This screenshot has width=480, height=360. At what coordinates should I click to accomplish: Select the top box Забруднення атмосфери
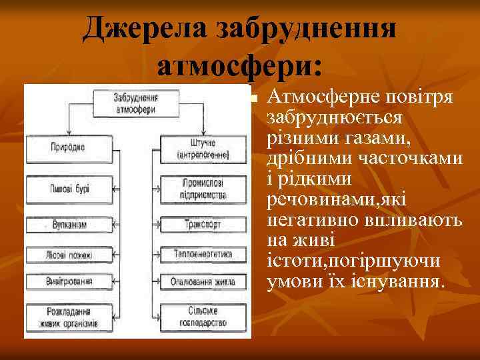pos(135,101)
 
